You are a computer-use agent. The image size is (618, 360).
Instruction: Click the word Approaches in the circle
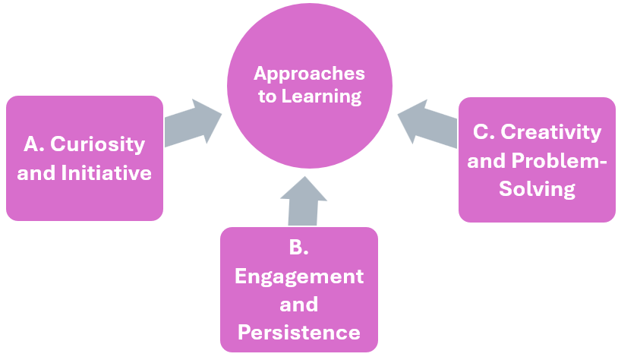pyautogui.click(x=309, y=74)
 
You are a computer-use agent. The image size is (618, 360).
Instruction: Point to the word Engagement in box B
pyautogui.click(x=299, y=276)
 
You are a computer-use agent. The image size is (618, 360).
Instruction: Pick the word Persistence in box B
pyautogui.click(x=299, y=332)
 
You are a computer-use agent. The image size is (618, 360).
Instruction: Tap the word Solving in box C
pyautogui.click(x=537, y=188)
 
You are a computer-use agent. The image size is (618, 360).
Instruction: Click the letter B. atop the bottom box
pyautogui.click(x=299, y=248)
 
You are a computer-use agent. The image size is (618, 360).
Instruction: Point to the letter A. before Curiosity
pyautogui.click(x=33, y=144)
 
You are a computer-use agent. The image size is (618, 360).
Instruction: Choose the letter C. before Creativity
pyautogui.click(x=484, y=132)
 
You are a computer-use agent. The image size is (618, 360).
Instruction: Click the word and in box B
pyautogui.click(x=299, y=305)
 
